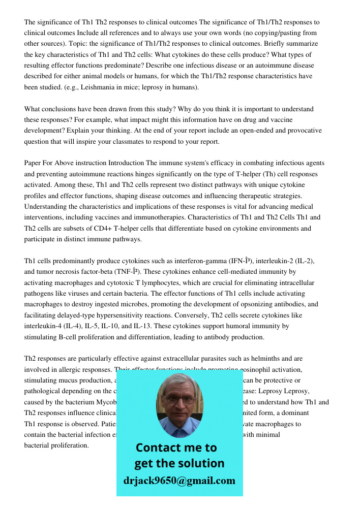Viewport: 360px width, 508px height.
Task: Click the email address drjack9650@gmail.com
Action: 179,481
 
